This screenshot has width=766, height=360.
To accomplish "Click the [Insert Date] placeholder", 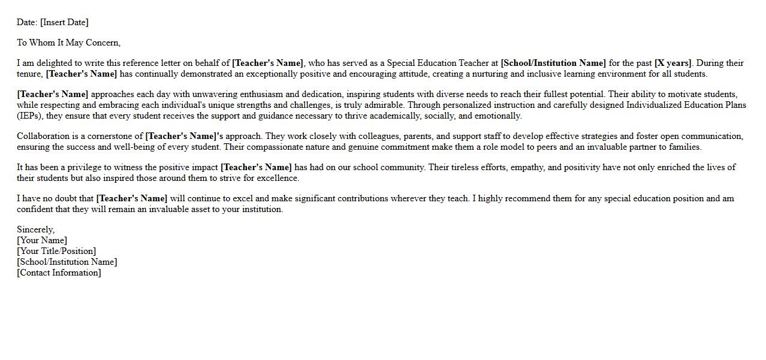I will click(64, 22).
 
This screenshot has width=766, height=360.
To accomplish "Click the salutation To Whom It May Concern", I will click(68, 43).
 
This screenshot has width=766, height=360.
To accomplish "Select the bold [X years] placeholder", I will click(673, 63).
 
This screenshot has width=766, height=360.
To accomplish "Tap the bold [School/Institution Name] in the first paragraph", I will click(553, 63).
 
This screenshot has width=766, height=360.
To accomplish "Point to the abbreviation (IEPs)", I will click(29, 116).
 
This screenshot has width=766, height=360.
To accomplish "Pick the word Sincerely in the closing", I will click(35, 229).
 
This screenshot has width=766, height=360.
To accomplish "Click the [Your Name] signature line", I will click(42, 240).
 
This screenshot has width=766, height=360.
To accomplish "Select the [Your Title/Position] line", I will click(56, 251).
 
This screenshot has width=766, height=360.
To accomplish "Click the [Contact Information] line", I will click(59, 273).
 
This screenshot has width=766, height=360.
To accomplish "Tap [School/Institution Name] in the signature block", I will click(67, 262).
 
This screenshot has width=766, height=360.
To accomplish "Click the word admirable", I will click(384, 105).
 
